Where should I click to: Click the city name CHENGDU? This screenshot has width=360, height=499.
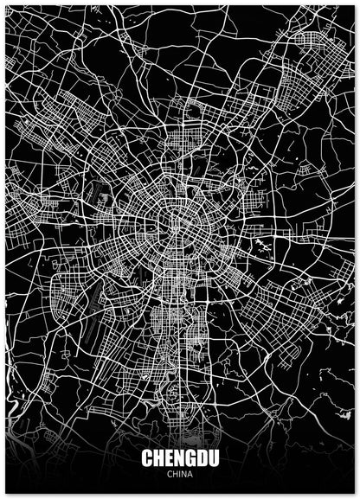179,458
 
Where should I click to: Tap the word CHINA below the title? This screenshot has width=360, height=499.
179,474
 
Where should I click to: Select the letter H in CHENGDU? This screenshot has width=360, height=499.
158,458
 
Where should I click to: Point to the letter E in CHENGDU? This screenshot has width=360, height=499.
169,458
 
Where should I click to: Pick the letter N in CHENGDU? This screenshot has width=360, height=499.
179,458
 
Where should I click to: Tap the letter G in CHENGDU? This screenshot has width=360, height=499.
190,458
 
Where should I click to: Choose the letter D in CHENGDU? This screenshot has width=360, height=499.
202,458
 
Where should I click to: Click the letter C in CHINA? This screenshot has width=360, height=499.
170,474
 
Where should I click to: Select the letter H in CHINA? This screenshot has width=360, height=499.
175,474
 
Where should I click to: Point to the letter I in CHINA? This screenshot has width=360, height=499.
179,474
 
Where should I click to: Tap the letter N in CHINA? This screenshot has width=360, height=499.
183,474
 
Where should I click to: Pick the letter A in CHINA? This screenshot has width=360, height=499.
190,474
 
